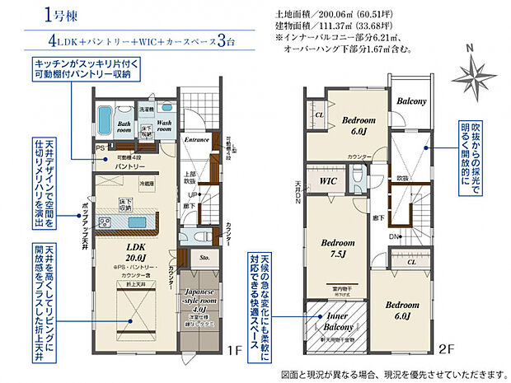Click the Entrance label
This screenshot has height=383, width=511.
(196, 139)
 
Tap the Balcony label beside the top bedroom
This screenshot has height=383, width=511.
(410, 101)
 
